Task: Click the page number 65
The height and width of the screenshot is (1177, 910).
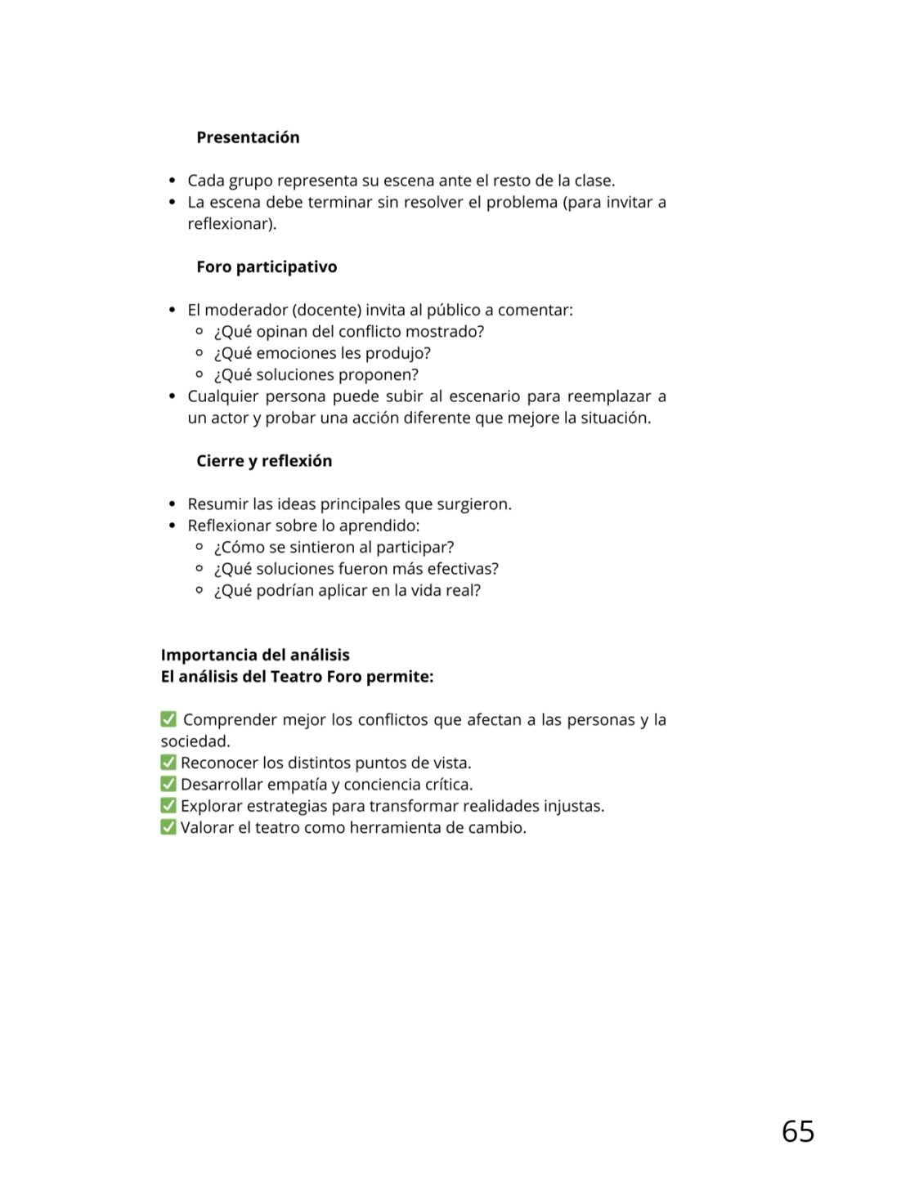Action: pyautogui.click(x=797, y=1131)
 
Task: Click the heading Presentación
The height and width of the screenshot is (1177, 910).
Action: pyautogui.click(x=248, y=137)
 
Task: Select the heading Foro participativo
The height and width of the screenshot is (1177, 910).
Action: pyautogui.click(x=267, y=266)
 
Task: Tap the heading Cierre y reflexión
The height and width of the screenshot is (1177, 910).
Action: pyautogui.click(x=264, y=461)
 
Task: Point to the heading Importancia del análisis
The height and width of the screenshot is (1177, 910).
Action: pyautogui.click(x=255, y=655)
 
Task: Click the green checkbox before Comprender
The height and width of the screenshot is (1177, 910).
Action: pyautogui.click(x=168, y=719)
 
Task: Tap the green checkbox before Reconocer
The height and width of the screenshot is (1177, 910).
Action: pyautogui.click(x=168, y=763)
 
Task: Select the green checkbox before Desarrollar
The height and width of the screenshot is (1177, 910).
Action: pyautogui.click(x=168, y=784)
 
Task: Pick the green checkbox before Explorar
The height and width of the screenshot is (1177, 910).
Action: pyautogui.click(x=168, y=806)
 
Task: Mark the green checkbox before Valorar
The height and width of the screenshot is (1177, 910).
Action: pyautogui.click(x=168, y=827)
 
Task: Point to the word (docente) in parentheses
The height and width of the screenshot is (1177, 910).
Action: pyautogui.click(x=327, y=310)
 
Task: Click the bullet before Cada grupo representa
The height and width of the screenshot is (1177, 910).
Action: pyautogui.click(x=172, y=180)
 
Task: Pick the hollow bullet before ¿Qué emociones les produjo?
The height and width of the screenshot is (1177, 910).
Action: pyautogui.click(x=199, y=353)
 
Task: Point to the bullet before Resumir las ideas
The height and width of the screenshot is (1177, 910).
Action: pyautogui.click(x=172, y=504)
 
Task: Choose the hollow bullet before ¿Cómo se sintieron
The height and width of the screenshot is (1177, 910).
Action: pyautogui.click(x=199, y=547)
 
